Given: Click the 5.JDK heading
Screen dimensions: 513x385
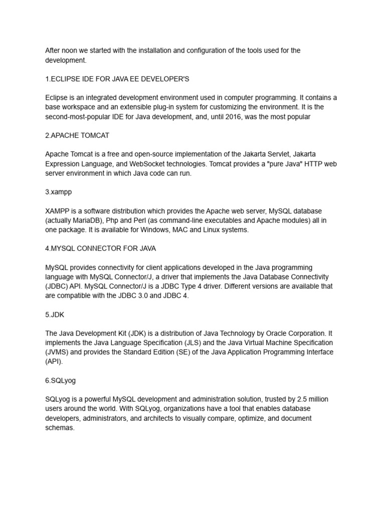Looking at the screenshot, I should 54,315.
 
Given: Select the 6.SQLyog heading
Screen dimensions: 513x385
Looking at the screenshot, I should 61,381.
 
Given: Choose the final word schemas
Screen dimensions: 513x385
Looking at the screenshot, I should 60,428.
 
